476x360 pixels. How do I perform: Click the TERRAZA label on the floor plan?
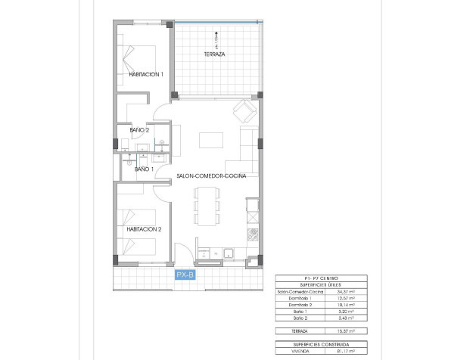[216, 55]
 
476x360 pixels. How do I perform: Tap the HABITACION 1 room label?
[146, 74]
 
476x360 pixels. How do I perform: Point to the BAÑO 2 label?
[140, 130]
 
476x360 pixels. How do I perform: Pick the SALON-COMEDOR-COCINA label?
[210, 175]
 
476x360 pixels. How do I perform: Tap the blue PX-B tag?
[185, 275]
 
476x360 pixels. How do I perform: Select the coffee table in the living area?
[211, 141]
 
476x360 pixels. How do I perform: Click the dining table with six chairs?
[205, 206]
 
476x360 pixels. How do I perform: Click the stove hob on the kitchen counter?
[254, 233]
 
